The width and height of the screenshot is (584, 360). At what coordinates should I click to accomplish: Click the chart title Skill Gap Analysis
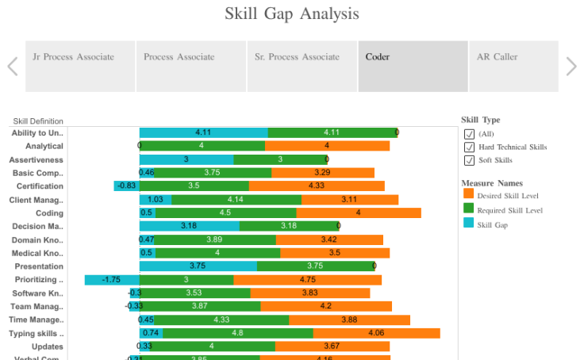coord(291,13)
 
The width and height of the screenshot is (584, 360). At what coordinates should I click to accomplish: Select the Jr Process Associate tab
coord(73,57)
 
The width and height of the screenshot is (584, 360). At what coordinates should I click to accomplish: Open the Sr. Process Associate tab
coord(297,57)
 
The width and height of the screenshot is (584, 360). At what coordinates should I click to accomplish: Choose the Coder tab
coord(378,57)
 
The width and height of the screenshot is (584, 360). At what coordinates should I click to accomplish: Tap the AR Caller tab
coord(497,57)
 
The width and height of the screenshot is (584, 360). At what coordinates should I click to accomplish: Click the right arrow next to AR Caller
coord(571,66)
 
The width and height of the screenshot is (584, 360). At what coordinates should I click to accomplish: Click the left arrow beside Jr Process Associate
coord(13,66)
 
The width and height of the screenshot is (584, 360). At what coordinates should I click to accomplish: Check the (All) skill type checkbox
coord(469,134)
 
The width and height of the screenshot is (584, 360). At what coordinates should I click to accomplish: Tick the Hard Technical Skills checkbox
coord(469,147)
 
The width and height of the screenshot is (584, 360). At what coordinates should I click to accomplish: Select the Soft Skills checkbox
coord(469,160)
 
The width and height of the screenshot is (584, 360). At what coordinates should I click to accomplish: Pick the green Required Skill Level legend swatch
coord(468,210)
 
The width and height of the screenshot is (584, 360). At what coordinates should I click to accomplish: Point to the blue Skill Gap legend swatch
coord(468,224)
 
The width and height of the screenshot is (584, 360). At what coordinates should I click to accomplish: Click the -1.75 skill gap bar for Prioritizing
coord(112,280)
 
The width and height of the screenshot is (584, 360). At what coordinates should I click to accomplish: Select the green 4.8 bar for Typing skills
coord(237,334)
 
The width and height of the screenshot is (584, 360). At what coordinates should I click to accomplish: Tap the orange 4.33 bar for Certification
coord(316,186)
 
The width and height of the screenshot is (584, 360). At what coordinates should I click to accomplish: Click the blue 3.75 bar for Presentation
coord(198,266)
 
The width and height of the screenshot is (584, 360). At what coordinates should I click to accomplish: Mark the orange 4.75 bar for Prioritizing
coord(307,280)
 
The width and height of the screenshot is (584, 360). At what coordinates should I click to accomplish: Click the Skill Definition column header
coord(38,121)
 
